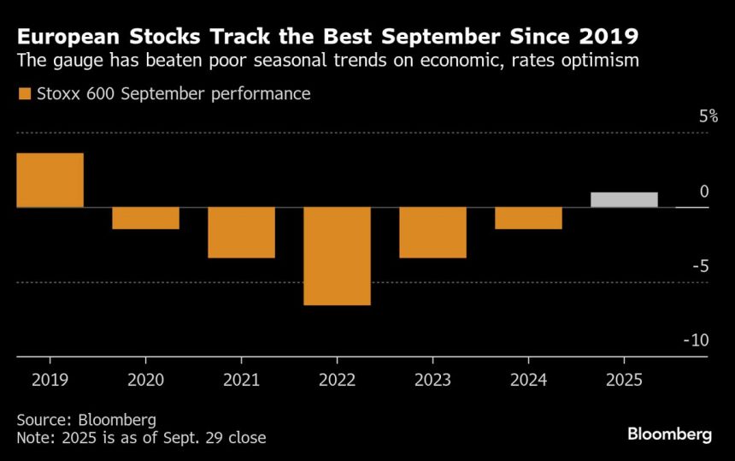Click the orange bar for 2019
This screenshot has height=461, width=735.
(50, 180)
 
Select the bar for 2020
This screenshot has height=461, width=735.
(145, 218)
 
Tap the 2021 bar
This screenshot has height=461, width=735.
(241, 233)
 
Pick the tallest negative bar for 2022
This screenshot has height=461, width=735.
(337, 256)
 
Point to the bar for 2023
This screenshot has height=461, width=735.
(432, 233)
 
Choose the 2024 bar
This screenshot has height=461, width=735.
(528, 218)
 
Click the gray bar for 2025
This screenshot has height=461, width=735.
(624, 199)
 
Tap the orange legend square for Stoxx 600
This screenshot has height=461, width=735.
(23, 94)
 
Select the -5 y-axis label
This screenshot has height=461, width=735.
(700, 266)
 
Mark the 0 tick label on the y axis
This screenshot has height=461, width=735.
(704, 192)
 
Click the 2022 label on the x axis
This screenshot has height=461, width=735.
(337, 379)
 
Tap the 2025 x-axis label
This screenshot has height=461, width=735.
(624, 379)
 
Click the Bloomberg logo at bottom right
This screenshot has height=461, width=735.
(669, 434)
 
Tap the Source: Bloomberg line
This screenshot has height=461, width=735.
(86, 420)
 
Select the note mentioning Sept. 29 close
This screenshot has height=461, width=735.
(141, 438)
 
